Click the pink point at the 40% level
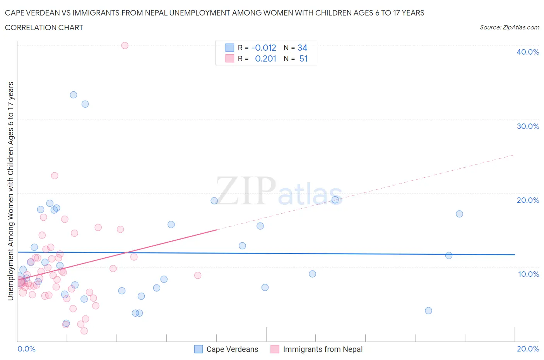pyautogui.click(x=125, y=45)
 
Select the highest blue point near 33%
pyautogui.click(x=74, y=95)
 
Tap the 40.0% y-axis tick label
pyautogui.click(x=528, y=52)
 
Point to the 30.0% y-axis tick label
pyautogui.click(x=528, y=126)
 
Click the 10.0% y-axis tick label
pyautogui.click(x=528, y=274)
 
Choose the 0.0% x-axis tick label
pyautogui.click(x=27, y=349)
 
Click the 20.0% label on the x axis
pyautogui.click(x=528, y=349)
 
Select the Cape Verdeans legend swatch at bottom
pyautogui.click(x=198, y=349)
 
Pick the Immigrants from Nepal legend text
pyautogui.click(x=323, y=349)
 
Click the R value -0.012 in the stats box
pyautogui.click(x=264, y=48)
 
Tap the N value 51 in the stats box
pyautogui.click(x=303, y=58)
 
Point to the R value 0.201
pyautogui.click(x=265, y=58)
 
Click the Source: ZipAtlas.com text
pyautogui.click(x=509, y=27)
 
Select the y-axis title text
pyautogui.click(x=10, y=191)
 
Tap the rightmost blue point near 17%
pyautogui.click(x=459, y=214)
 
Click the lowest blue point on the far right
pyautogui.click(x=428, y=310)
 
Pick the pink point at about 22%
pyautogui.click(x=55, y=176)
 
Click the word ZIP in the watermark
pyautogui.click(x=246, y=190)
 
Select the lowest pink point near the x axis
pyautogui.click(x=84, y=331)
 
